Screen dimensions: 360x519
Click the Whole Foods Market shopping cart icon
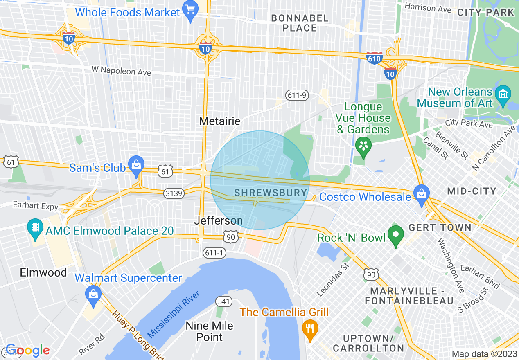point(190,11)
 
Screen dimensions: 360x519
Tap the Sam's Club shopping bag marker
point(135,165)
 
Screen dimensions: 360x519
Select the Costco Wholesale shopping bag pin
point(421,194)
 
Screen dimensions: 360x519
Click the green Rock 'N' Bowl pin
point(395,235)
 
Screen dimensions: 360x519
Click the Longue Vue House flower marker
point(363,145)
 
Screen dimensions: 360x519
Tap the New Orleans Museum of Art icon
point(502,94)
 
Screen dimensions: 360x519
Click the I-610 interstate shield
point(375,58)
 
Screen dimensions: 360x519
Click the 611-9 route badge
point(297,95)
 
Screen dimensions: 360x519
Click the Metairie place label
point(219,121)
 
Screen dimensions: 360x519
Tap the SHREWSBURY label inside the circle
point(271,193)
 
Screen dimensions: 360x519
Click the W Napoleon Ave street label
point(121,71)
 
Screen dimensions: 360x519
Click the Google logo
point(27,351)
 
